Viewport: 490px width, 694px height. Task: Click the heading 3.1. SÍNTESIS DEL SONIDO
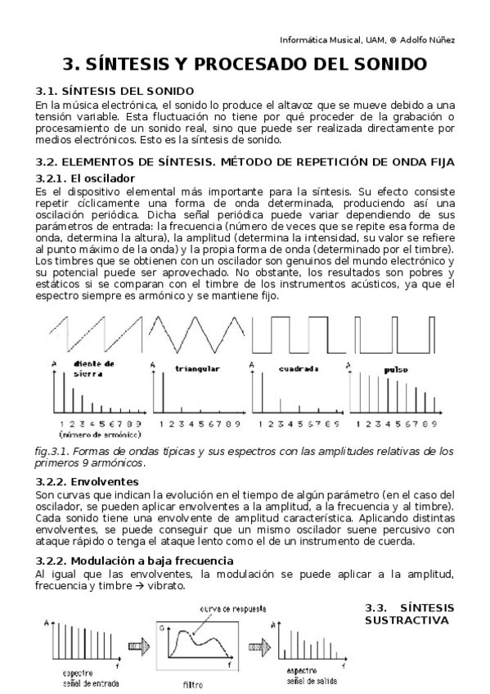pyautogui.click(x=115, y=90)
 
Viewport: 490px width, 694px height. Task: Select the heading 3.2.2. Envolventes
pyautogui.click(x=88, y=480)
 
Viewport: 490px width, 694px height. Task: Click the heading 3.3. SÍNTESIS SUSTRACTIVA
pyautogui.click(x=407, y=614)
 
